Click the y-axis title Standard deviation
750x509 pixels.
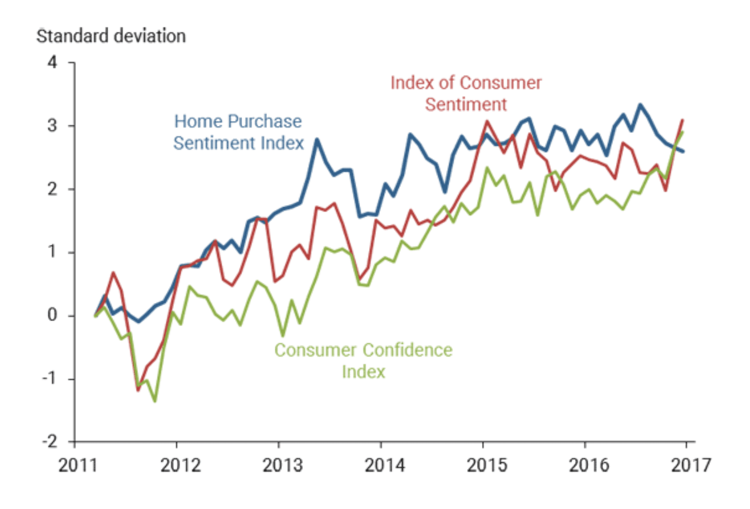tap(111, 36)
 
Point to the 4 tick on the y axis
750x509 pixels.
tap(52, 62)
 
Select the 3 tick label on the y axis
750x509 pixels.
tap(52, 125)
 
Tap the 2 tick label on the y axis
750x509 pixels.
tap(52, 189)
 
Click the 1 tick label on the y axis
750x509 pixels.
tap(52, 252)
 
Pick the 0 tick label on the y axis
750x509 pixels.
tap(52, 315)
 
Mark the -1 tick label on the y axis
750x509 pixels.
tap(49, 378)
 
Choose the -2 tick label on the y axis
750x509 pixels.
tap(49, 441)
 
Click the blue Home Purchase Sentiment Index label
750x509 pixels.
tap(238, 132)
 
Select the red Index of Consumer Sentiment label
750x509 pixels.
tap(466, 93)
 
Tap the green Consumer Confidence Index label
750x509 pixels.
tap(363, 360)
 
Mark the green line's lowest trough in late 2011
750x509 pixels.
tap(155, 401)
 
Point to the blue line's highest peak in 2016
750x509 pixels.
tap(640, 105)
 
